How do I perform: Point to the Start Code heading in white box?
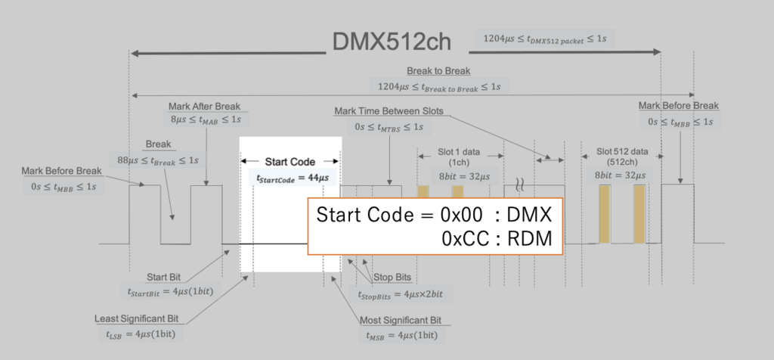pyautogui.click(x=289, y=161)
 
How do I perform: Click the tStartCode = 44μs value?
pyautogui.click(x=289, y=178)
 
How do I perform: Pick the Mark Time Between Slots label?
pyautogui.click(x=389, y=111)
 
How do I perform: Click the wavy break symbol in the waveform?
pyautogui.click(x=521, y=183)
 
